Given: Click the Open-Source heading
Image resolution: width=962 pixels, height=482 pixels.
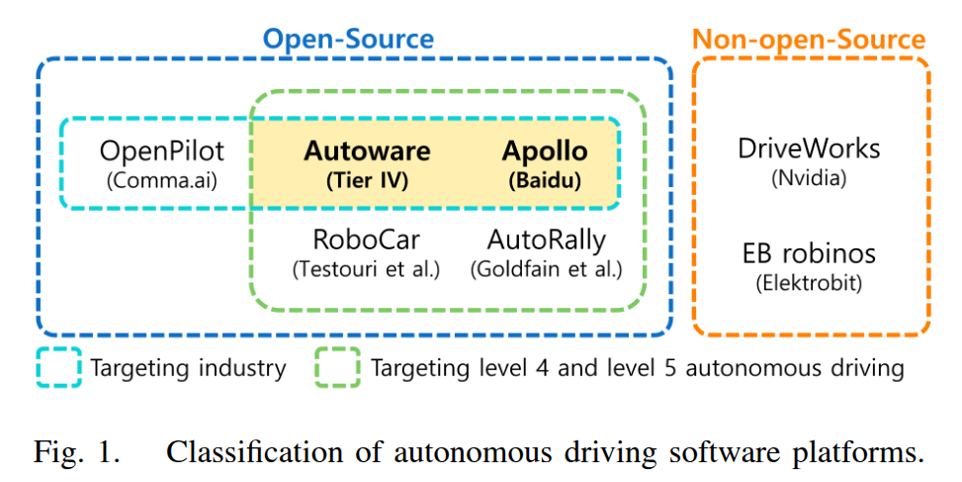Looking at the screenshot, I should pyautogui.click(x=347, y=39).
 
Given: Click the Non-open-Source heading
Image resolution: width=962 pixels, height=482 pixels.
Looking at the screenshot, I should pyautogui.click(x=809, y=39).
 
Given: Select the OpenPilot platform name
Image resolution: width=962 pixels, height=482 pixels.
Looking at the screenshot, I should pyautogui.click(x=162, y=151).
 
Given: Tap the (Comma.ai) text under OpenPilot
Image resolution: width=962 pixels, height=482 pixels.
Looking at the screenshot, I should pyautogui.click(x=162, y=180).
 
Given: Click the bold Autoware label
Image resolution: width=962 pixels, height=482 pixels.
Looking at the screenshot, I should pyautogui.click(x=367, y=151).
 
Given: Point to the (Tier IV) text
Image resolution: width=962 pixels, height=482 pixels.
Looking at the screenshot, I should pyautogui.click(x=367, y=181).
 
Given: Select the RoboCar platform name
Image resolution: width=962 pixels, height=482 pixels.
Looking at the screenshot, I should pyautogui.click(x=366, y=240).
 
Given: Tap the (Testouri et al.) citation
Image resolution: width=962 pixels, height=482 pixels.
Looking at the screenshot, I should pyautogui.click(x=366, y=268).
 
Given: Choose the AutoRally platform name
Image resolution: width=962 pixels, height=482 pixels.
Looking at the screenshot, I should pyautogui.click(x=546, y=240).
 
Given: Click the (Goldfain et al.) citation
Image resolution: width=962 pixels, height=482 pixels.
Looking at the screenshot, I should pyautogui.click(x=546, y=268).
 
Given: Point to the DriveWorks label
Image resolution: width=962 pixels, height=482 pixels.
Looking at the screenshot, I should pyautogui.click(x=809, y=148).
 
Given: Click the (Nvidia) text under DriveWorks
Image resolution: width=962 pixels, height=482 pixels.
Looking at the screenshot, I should pyautogui.click(x=809, y=178).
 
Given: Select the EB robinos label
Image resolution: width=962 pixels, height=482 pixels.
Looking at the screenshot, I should pyautogui.click(x=809, y=252).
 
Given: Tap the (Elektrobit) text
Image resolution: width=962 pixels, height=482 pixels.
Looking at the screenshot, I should pyautogui.click(x=809, y=282).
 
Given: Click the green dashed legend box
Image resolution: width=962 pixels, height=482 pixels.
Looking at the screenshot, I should pyautogui.click(x=337, y=368).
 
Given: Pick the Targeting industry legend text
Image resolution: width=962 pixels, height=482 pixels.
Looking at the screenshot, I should pyautogui.click(x=188, y=368).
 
